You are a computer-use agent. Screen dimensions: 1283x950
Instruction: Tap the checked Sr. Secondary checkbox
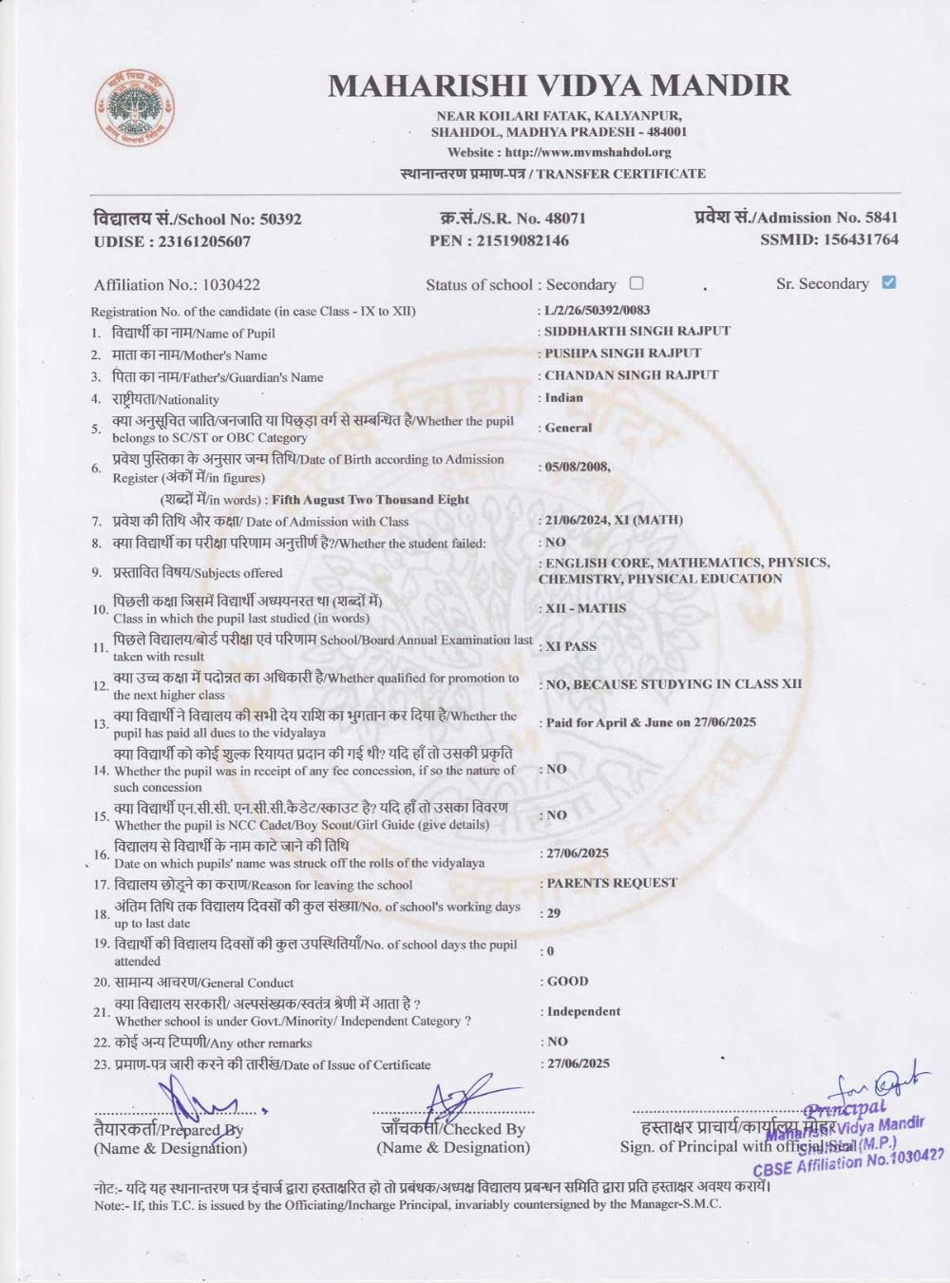click(x=888, y=282)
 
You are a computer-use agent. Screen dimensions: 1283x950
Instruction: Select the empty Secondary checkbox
click(x=636, y=283)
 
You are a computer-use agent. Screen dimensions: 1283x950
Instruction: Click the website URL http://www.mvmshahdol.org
click(x=588, y=152)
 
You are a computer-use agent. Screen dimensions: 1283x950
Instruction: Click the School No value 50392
click(x=280, y=219)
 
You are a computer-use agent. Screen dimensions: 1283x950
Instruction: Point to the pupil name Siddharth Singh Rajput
click(x=637, y=332)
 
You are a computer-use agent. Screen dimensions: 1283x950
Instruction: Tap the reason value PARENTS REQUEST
click(x=612, y=883)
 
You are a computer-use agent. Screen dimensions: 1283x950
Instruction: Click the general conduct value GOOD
click(x=567, y=981)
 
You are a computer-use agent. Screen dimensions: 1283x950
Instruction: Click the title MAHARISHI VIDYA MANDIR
click(x=559, y=86)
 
